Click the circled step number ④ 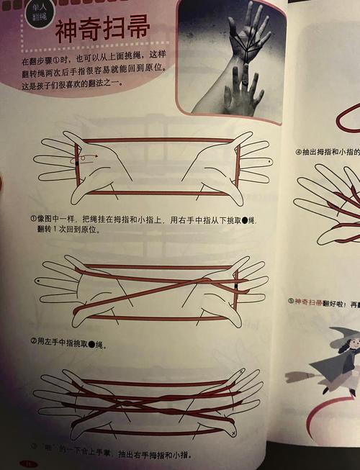tap(299, 152)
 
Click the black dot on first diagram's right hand tap(248, 165)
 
